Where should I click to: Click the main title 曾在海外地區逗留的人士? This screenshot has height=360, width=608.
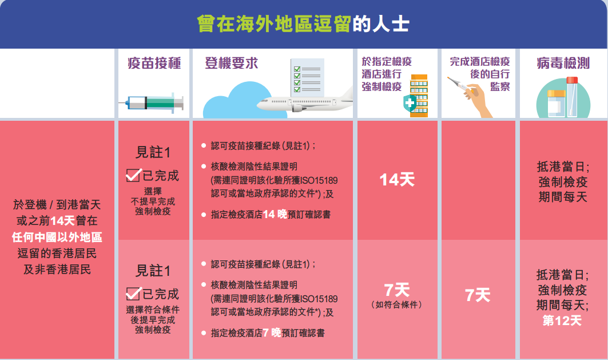[303, 24]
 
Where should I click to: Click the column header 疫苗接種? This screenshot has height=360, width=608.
[154, 63]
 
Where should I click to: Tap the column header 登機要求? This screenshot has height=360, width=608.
[232, 63]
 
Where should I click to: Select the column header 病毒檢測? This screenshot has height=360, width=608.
[563, 63]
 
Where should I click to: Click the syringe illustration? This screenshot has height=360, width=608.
[151, 103]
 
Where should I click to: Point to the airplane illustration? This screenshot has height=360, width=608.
[304, 102]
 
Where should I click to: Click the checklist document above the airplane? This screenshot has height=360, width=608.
[308, 78]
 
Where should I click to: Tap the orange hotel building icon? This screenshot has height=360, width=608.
[419, 96]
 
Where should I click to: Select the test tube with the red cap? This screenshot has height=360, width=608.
[572, 96]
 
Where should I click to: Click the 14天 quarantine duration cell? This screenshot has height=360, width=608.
[397, 180]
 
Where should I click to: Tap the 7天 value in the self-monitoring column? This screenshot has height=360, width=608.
[478, 295]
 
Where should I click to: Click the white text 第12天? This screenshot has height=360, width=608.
[562, 321]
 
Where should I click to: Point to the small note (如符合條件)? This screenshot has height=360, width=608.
[397, 305]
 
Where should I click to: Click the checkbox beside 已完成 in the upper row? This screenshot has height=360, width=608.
[133, 175]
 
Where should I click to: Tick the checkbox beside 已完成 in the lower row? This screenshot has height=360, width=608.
[133, 294]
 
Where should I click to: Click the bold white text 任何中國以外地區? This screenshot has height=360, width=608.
[57, 237]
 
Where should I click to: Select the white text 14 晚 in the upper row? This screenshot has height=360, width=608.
[275, 214]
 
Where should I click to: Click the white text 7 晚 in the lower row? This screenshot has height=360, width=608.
[272, 333]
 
